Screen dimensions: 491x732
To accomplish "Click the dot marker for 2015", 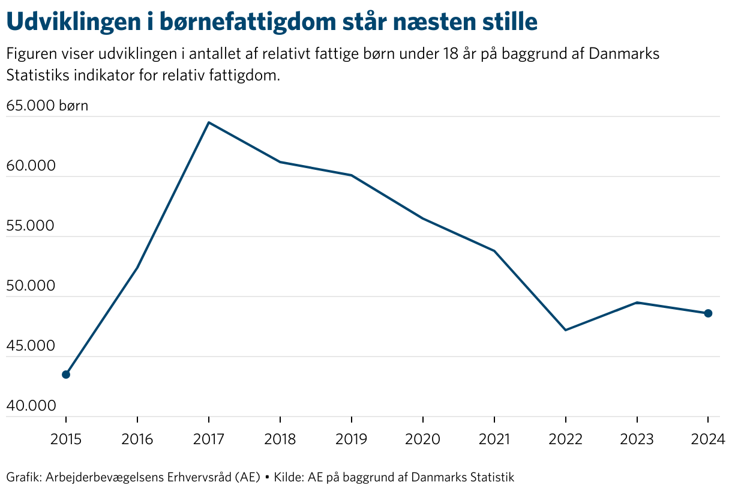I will click(66, 375).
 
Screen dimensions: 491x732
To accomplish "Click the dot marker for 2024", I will click(708, 313).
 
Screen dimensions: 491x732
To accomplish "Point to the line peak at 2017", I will click(208, 122).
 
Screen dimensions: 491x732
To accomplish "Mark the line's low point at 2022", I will click(565, 330).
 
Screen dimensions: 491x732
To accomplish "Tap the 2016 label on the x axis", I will click(137, 440).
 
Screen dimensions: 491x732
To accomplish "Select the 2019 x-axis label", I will click(351, 440).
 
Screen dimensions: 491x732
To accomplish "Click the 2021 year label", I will click(494, 440).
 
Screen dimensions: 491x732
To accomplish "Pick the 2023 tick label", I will click(637, 440).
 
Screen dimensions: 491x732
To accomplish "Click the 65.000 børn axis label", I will click(47, 106).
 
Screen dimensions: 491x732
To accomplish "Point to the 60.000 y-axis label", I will click(30, 166).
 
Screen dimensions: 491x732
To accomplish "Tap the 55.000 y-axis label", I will click(30, 226).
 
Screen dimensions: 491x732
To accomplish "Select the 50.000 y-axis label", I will click(30, 286).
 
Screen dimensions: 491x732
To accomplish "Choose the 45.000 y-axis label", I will click(30, 346).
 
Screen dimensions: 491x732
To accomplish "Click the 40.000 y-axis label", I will click(30, 406).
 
